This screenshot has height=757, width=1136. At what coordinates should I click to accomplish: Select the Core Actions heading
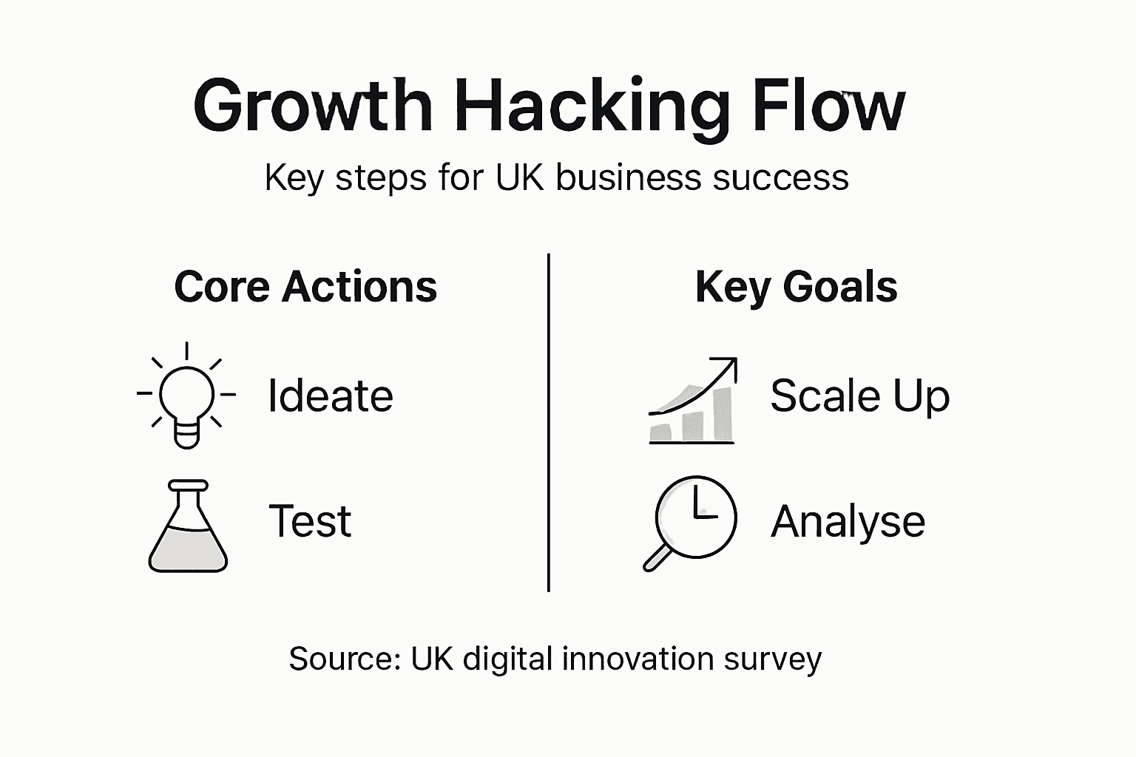(x=305, y=286)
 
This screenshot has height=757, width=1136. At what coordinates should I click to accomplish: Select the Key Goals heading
(x=796, y=286)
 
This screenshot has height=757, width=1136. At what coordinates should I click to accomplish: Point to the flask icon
(x=188, y=526)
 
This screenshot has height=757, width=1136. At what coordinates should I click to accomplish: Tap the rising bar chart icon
(x=692, y=403)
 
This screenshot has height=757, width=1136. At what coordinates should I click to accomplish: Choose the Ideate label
(x=330, y=396)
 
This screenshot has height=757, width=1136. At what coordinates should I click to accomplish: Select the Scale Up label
(x=859, y=396)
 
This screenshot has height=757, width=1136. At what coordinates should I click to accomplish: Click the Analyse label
(x=848, y=522)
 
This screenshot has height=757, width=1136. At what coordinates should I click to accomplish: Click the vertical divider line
(x=548, y=421)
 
